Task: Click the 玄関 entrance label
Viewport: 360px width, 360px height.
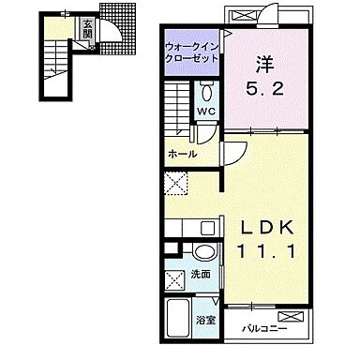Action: pos(86,28)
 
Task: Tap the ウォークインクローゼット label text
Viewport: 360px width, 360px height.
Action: pos(191,52)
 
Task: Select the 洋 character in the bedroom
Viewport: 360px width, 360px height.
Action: pos(264,64)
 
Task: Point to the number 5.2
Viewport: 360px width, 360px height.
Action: pos(264,90)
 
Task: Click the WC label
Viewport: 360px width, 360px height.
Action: pos(205,111)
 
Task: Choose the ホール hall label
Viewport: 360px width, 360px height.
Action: pos(183,154)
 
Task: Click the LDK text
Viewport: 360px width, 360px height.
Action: pos(266,228)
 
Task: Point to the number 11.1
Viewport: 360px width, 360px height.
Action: pos(266,251)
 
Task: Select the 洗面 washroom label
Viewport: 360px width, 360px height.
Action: pos(201,275)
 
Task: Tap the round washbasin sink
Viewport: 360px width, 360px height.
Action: pos(204,251)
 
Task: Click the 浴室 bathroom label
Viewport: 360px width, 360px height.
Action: pos(206,320)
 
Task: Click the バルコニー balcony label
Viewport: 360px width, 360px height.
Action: pos(264,329)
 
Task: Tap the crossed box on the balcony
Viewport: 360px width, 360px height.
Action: pos(291,316)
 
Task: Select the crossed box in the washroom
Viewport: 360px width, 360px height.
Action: pos(175,280)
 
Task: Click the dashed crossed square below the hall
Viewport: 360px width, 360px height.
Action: pos(176,184)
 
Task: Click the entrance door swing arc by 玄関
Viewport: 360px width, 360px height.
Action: pos(112,35)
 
